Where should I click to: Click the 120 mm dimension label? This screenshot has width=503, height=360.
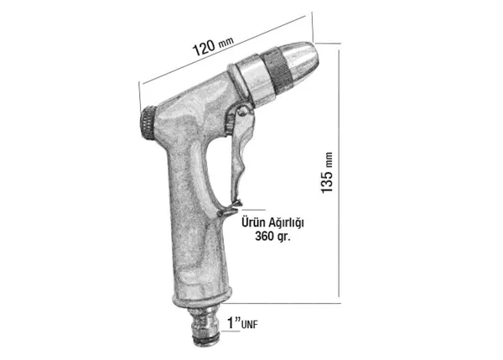pos(213,45)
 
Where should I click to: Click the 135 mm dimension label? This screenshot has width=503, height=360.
pos(327,173)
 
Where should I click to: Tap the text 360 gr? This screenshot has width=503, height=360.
pos(272,237)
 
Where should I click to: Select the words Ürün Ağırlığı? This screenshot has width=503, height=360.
pos(272,222)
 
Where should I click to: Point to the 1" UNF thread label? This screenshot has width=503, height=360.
pos(242,323)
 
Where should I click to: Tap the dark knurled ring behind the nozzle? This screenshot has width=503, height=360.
pos(277,71)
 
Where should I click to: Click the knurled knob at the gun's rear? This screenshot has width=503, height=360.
pos(148,123)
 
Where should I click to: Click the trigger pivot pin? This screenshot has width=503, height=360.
pos(243,112)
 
